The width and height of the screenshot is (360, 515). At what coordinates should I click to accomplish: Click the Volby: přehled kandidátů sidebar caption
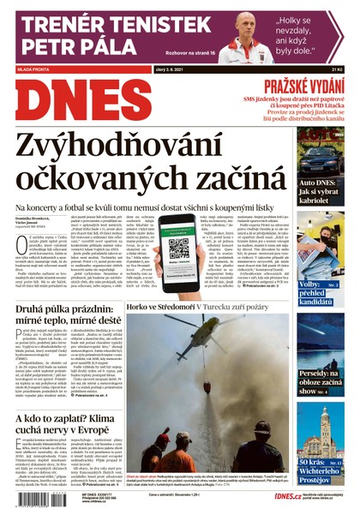click(x=321, y=290)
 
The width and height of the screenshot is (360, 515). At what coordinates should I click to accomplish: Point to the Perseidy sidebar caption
click(x=321, y=381)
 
